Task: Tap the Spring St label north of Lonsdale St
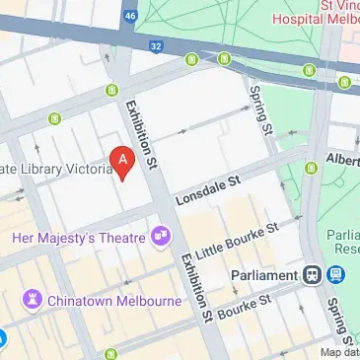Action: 260,109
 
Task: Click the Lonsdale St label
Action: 208,189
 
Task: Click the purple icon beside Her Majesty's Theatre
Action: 158,237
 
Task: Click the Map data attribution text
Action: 338,353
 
